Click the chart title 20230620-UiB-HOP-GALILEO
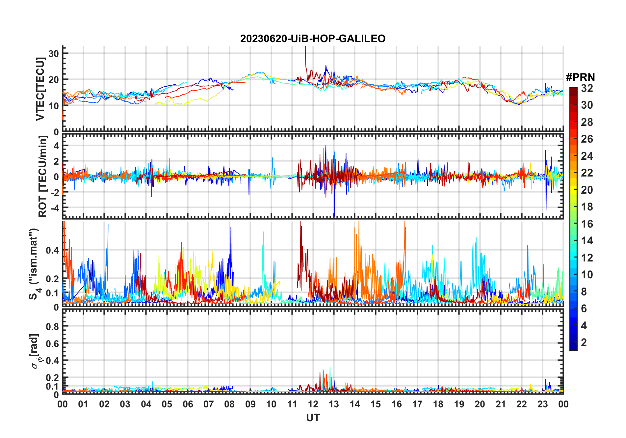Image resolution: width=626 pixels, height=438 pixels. (313, 39)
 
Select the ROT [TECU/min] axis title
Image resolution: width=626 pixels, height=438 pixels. (43, 177)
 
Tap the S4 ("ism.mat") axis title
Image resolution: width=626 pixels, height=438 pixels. (34, 263)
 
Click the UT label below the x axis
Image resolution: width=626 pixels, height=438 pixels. (313, 418)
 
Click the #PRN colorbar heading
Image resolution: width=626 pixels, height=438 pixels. (580, 77)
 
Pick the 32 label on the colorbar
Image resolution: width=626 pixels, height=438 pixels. (587, 88)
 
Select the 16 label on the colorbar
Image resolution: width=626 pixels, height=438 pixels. (587, 224)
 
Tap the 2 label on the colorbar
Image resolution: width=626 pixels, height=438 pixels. (584, 342)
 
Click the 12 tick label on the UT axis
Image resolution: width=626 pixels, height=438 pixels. (313, 404)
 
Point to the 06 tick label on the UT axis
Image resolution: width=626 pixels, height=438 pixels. (188, 404)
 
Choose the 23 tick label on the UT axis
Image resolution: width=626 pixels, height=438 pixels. (542, 404)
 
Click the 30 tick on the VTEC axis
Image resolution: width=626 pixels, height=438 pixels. (53, 53)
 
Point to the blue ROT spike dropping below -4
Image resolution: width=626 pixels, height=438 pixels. (334, 211)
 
